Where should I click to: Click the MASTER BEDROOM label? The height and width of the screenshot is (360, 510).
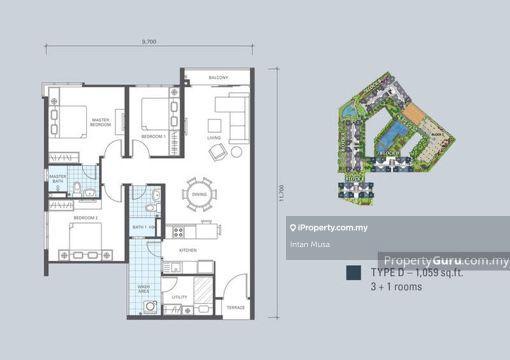pyautogui.click(x=100, y=122)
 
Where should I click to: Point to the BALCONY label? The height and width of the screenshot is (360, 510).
pyautogui.click(x=218, y=77)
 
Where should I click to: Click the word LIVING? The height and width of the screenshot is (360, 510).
pyautogui.click(x=213, y=137)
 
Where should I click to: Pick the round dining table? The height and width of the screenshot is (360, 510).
pyautogui.click(x=197, y=196)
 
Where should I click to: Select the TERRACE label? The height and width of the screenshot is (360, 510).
pyautogui.click(x=234, y=306)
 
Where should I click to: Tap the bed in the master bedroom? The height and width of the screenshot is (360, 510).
pyautogui.click(x=69, y=117)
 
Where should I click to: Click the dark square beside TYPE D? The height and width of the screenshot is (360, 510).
pyautogui.click(x=352, y=272)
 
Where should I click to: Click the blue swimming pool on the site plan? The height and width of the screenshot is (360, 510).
pyautogui.click(x=398, y=129)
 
